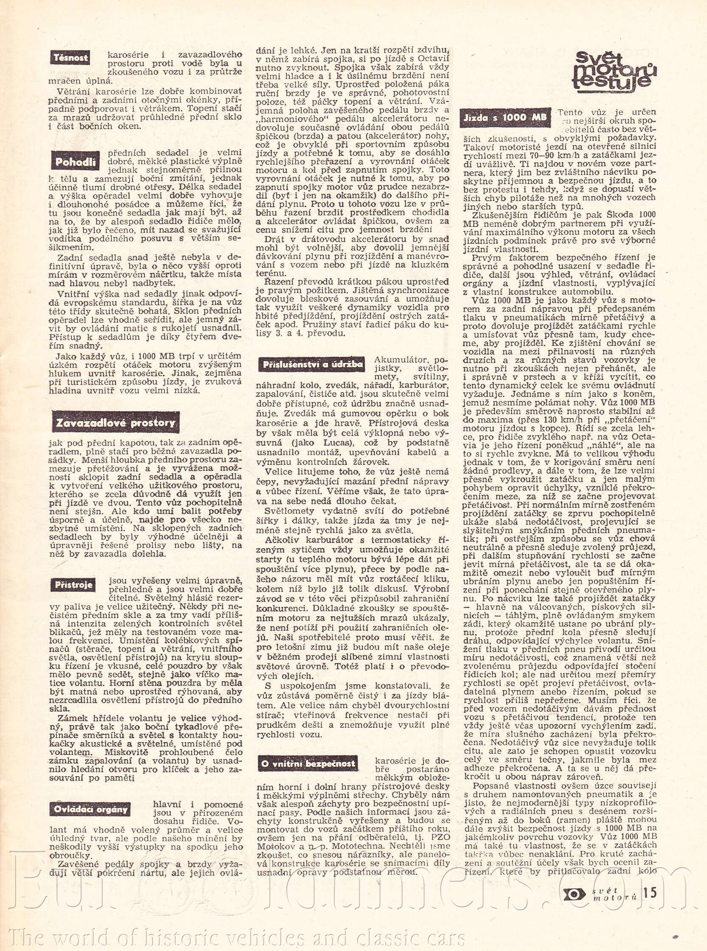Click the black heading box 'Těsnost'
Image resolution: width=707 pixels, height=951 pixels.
click(71, 58)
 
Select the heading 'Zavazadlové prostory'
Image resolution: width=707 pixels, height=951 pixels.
click(115, 423)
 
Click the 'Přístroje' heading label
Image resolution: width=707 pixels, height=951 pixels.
click(74, 585)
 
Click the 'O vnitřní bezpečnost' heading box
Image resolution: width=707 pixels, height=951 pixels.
click(308, 764)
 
